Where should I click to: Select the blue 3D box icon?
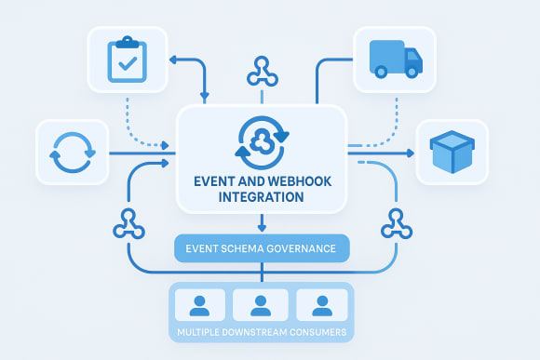click(452, 152)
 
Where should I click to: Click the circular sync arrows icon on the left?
click(72, 152)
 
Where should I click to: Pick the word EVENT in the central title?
click(215, 180)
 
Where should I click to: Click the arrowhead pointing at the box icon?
click(411, 152)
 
